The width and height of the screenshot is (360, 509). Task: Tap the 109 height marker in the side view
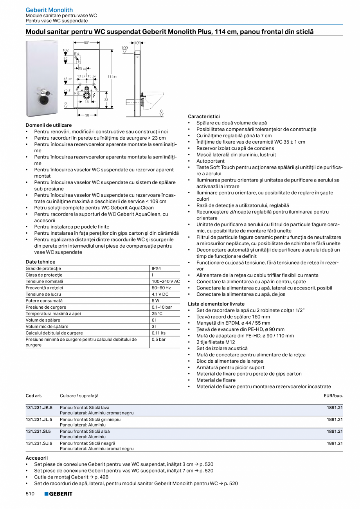point(124,48)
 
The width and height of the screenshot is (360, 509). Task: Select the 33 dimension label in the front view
point(106,100)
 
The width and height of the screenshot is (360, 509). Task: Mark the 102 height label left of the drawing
point(65,50)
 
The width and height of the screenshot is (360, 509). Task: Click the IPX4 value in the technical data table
point(156,269)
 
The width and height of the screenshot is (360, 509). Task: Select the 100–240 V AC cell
point(166,281)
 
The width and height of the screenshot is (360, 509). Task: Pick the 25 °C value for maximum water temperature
point(157,313)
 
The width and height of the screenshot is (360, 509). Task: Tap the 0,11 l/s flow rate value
point(158,333)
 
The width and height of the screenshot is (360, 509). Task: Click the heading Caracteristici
point(203,117)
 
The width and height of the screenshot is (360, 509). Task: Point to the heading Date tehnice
point(40,262)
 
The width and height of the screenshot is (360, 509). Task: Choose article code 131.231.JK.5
point(39,407)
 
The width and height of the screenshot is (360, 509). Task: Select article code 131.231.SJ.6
point(39,443)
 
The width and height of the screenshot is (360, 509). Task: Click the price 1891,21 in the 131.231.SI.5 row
point(335,431)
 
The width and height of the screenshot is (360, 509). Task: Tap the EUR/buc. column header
point(333,396)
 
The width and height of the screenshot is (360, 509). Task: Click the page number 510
point(30,494)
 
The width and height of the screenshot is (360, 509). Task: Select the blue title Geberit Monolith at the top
point(49,10)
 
